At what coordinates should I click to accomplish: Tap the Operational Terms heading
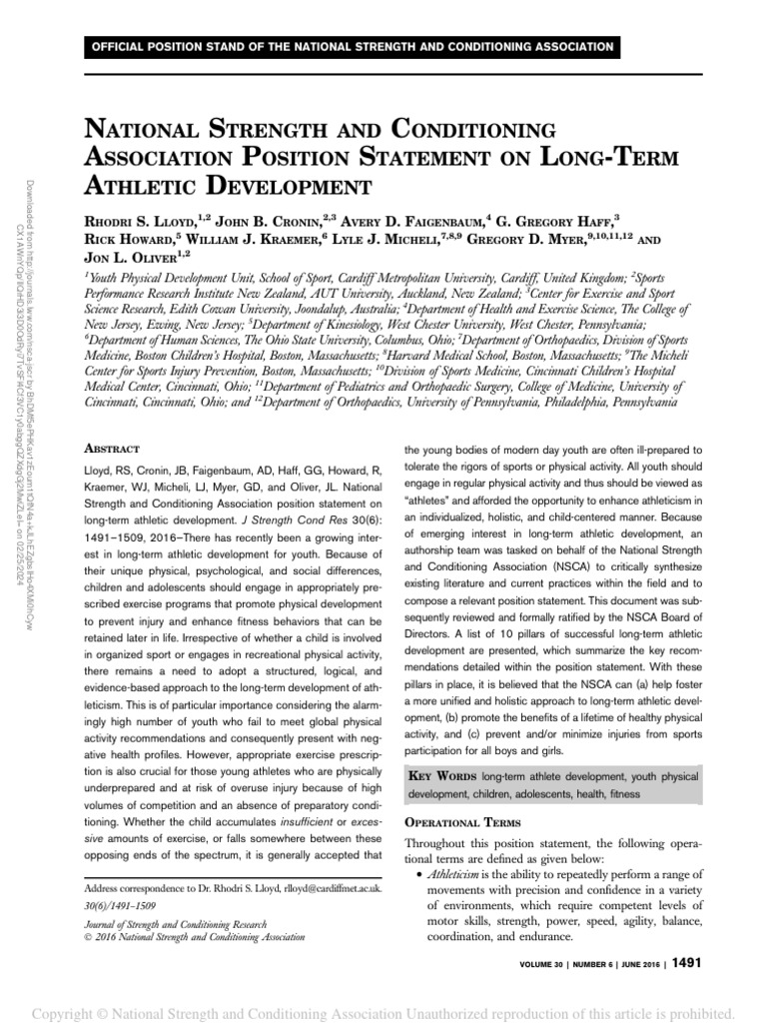[x=456, y=821]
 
